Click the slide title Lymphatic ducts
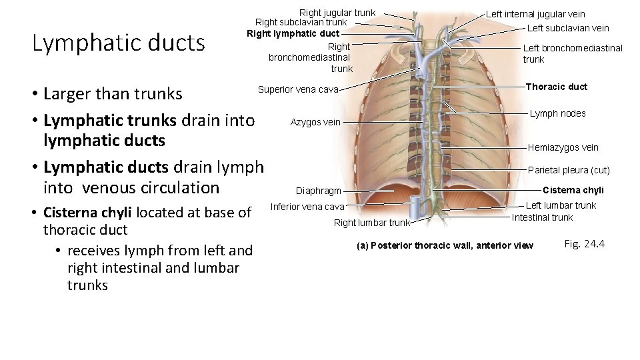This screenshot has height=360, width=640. click(119, 43)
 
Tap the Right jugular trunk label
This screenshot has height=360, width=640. click(337, 13)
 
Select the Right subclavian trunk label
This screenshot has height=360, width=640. click(301, 23)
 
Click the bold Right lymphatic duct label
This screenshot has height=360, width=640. click(293, 33)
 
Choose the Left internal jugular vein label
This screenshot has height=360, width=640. click(535, 14)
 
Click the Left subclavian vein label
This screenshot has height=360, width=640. click(568, 28)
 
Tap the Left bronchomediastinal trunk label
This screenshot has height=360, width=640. click(573, 53)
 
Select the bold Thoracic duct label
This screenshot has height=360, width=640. click(557, 87)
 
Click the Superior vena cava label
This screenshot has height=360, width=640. click(298, 89)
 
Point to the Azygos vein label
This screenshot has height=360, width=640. click(315, 122)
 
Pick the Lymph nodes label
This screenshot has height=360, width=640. click(557, 113)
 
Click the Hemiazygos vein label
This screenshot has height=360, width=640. click(563, 147)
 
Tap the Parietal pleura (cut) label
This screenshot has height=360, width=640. click(569, 170)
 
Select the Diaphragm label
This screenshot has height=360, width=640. click(319, 191)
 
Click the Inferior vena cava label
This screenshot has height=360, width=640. click(307, 207)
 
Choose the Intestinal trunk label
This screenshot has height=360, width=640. click(542, 217)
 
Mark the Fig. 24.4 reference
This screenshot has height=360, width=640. click(584, 244)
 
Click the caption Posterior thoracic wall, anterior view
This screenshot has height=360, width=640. click(445, 245)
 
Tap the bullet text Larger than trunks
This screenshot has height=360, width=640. click(112, 94)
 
